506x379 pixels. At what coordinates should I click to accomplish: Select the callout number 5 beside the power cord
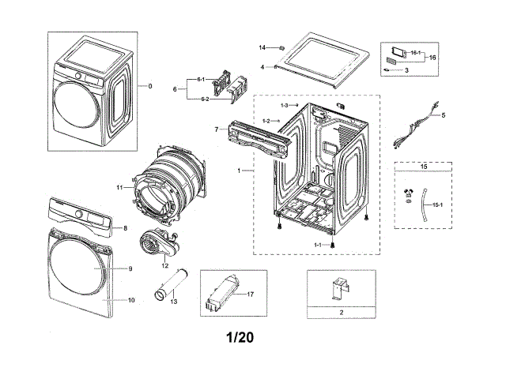coord(443,115)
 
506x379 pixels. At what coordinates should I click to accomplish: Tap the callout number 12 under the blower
coord(165,265)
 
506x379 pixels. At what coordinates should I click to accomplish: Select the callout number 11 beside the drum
coord(119,187)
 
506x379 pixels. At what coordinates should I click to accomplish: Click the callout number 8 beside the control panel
coord(125,228)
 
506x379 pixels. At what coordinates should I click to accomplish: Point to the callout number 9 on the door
coord(131,269)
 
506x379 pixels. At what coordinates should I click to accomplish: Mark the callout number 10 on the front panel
coord(131,301)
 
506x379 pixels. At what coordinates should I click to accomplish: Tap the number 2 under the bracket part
coord(340,313)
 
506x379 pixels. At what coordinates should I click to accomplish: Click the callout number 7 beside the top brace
coord(216,129)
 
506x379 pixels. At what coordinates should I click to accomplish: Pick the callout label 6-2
coord(204,99)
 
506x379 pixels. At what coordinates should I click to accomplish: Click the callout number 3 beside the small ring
coord(406,70)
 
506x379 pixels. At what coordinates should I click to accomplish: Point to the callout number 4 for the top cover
coord(262,68)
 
